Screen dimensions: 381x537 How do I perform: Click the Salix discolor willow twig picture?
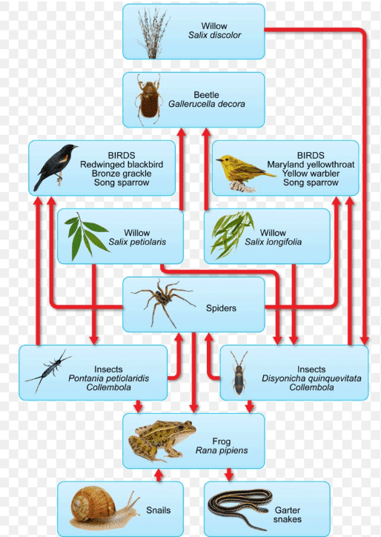[153, 33]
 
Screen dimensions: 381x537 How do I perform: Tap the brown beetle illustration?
[148, 99]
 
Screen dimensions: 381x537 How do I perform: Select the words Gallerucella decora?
[206, 104]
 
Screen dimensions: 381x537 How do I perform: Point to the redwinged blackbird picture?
[56, 167]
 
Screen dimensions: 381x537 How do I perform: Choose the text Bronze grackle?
[122, 174]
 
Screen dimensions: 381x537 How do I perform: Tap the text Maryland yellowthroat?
[311, 165]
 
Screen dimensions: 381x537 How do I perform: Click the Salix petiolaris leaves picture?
[87, 237]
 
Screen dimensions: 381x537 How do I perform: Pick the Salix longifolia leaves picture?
[232, 234]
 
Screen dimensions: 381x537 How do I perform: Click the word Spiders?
[221, 308]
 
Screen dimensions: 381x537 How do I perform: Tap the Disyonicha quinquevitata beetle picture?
[239, 373]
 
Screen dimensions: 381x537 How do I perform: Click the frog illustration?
[162, 441]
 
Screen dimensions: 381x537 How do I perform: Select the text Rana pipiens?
[222, 450]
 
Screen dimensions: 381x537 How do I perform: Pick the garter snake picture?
[242, 510]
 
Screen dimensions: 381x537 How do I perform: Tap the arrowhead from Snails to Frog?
[159, 474]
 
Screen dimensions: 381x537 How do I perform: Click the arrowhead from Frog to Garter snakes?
[229, 475]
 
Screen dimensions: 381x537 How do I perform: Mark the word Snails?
[158, 510]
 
